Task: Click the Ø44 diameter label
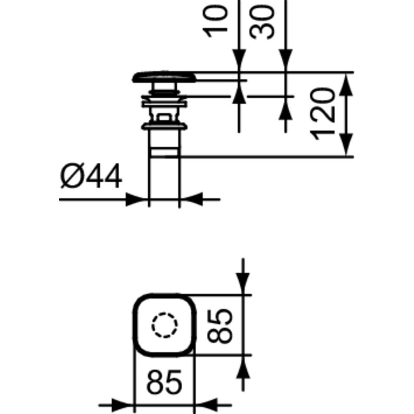91,176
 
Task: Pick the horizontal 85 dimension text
164,382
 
